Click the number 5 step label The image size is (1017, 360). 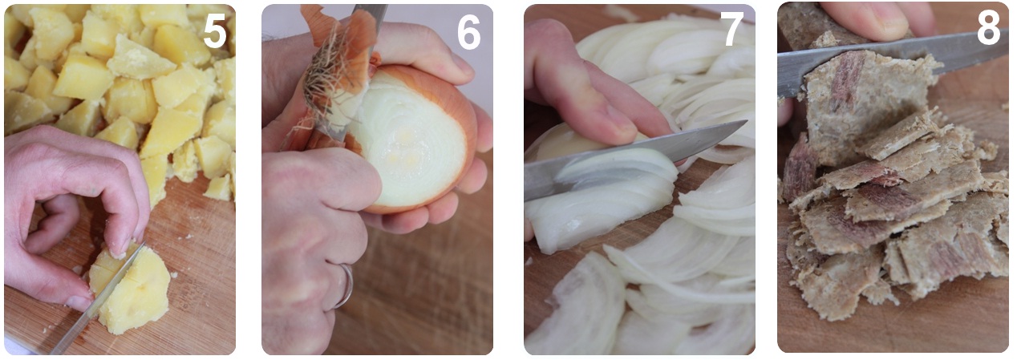pos(215,30)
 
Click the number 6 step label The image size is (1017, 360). pos(468,32)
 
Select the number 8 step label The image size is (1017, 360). pos(988,28)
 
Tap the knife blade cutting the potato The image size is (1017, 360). pos(98,300)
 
